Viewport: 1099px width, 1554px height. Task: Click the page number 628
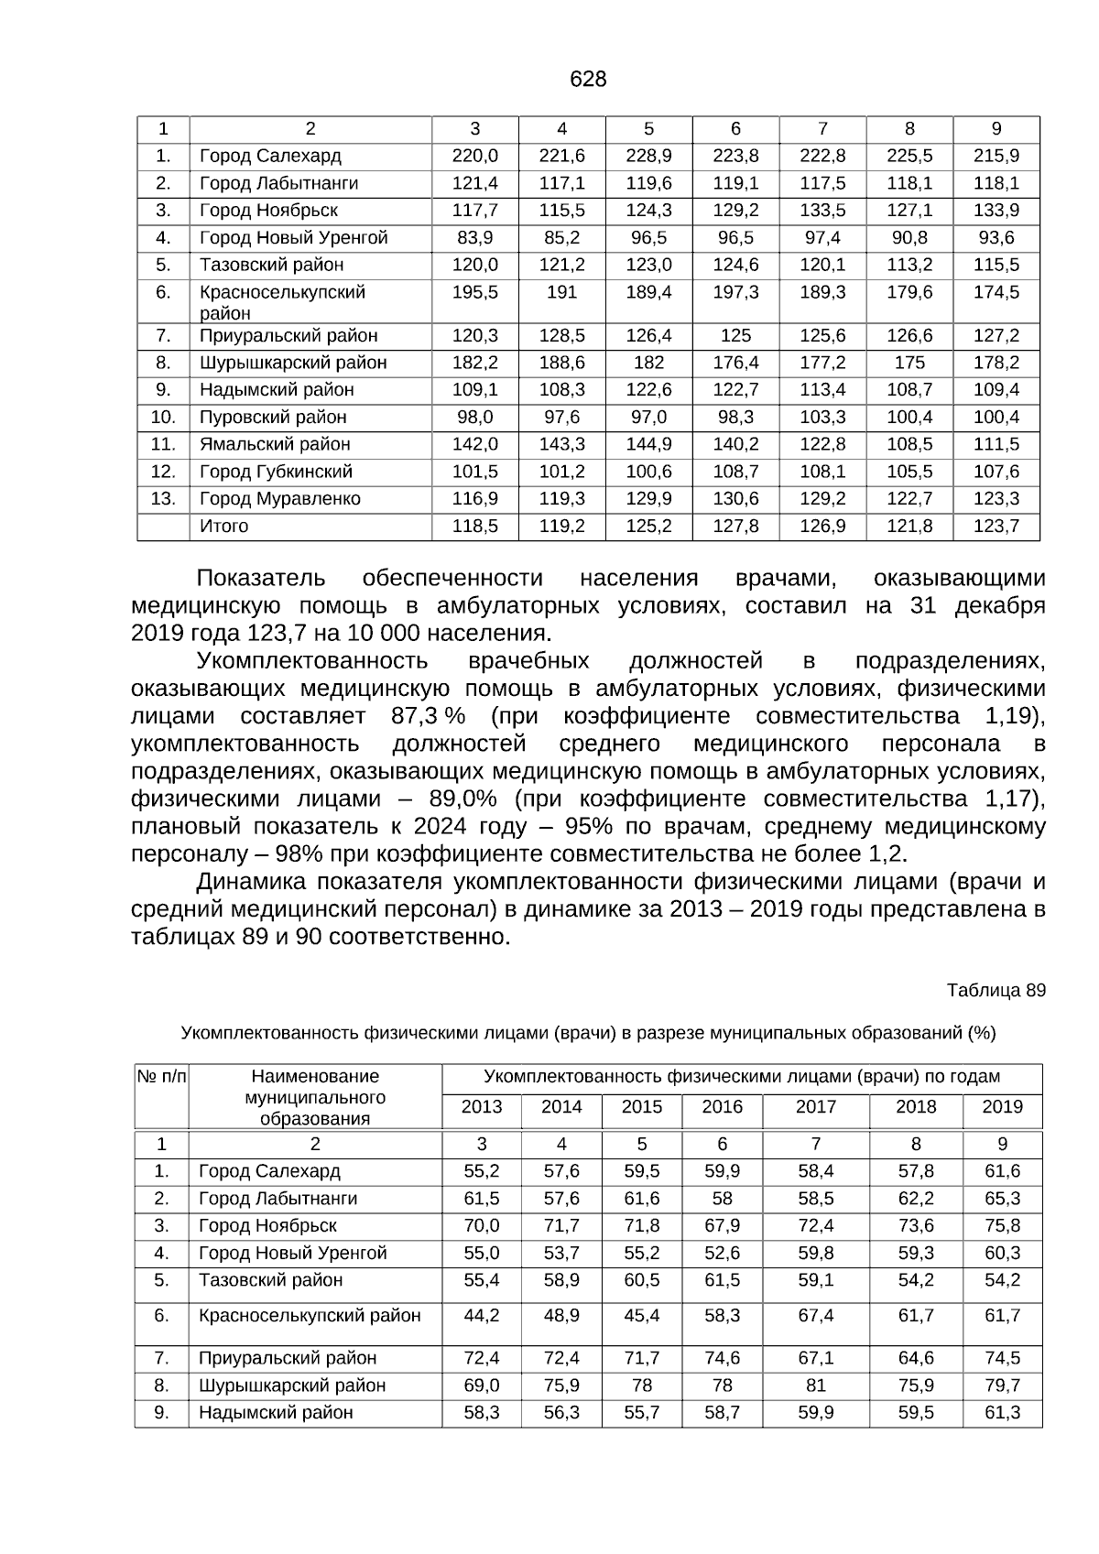pos(587,80)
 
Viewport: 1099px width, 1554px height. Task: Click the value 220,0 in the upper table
pos(474,156)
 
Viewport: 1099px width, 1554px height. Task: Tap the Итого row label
pos(224,527)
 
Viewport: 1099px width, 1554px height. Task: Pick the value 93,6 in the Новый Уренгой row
pos(996,238)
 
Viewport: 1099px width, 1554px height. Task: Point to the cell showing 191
pos(561,292)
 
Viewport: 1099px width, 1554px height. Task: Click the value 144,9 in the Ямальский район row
pos(648,444)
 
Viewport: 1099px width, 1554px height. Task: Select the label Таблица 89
pos(996,991)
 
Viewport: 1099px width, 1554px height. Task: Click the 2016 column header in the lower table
pos(722,1107)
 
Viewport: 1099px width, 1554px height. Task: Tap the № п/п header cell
pos(161,1077)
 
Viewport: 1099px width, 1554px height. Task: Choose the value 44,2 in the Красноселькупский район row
pos(482,1316)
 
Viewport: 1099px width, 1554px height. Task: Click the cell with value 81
pos(815,1386)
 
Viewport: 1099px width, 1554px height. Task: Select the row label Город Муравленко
pos(280,499)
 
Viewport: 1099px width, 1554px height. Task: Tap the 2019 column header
pos(1002,1107)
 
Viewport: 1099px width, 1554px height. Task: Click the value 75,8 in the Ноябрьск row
pos(1002,1226)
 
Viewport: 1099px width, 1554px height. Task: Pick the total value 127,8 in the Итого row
pos(735,527)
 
